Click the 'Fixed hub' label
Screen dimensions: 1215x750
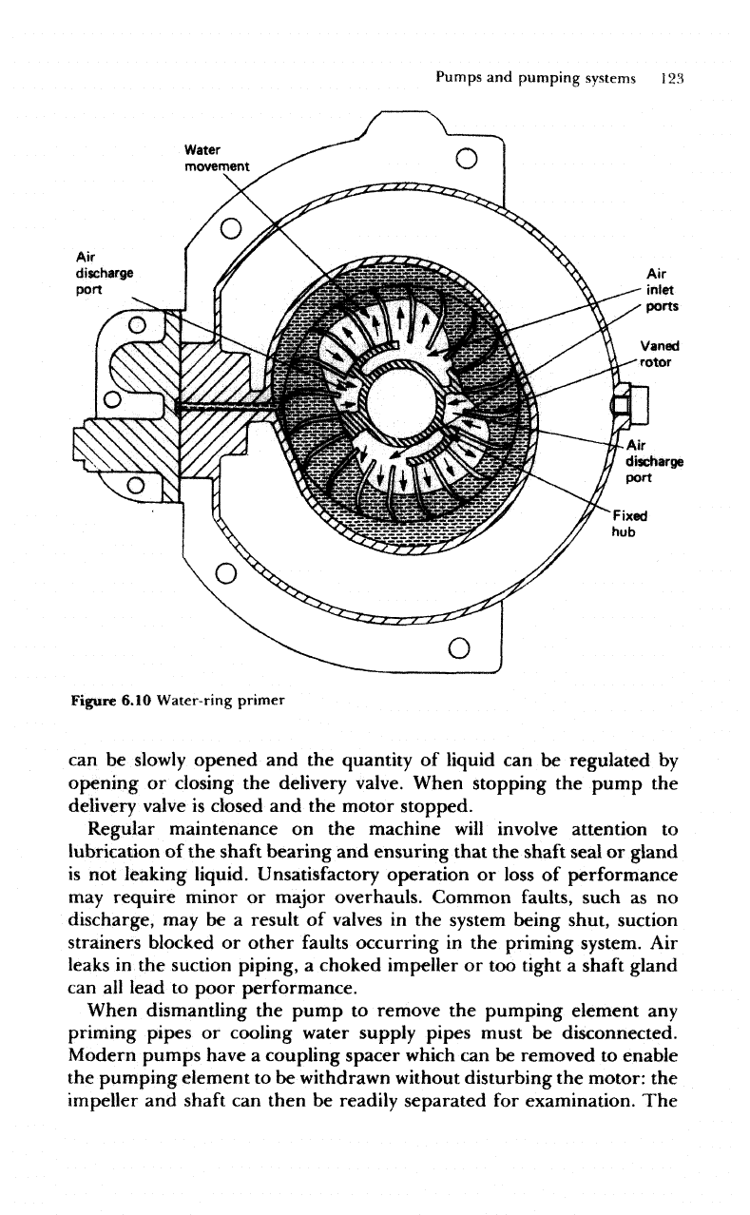click(x=631, y=526)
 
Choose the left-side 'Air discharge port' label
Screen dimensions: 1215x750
click(x=103, y=269)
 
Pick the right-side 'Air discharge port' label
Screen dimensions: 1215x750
click(x=654, y=459)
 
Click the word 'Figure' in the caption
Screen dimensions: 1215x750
click(x=91, y=702)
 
